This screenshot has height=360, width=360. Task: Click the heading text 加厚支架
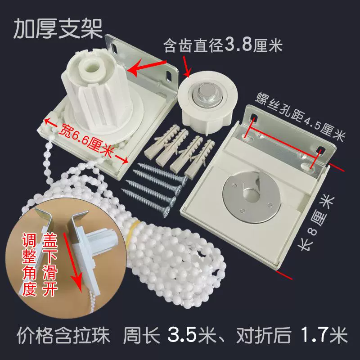58,29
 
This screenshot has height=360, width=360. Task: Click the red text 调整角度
29,264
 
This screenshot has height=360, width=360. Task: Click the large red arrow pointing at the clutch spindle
147,67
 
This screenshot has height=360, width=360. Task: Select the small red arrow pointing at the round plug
186,66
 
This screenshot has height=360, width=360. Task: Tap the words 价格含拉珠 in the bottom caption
63,335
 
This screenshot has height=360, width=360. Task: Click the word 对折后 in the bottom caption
264,335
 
